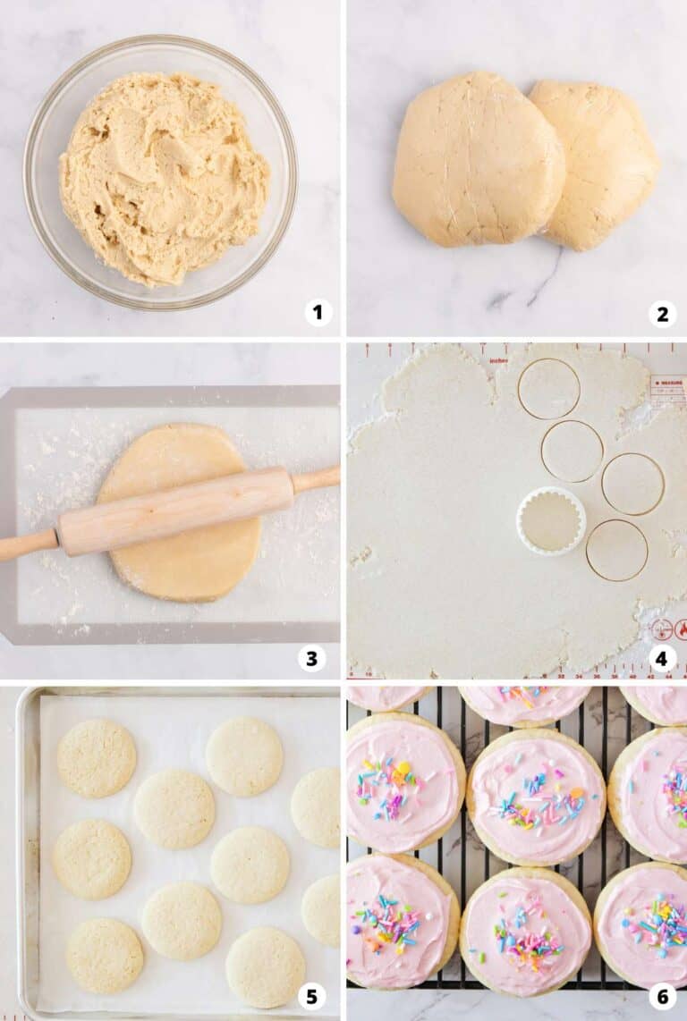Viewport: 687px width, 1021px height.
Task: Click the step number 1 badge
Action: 318,312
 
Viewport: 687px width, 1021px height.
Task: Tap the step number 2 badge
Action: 662,313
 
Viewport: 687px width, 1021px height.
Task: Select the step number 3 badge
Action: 311,659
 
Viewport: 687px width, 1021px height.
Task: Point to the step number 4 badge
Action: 661,659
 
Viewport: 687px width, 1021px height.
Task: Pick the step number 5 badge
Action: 311,996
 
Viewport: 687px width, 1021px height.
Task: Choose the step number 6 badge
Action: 662,996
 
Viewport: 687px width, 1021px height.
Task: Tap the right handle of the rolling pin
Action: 317,478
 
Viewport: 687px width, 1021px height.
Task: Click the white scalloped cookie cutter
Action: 551,520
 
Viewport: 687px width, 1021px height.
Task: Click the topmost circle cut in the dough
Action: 548,389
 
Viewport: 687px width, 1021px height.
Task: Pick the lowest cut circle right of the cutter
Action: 617,550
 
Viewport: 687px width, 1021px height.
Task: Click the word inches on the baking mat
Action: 498,361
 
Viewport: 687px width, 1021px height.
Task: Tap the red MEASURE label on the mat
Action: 668,382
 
